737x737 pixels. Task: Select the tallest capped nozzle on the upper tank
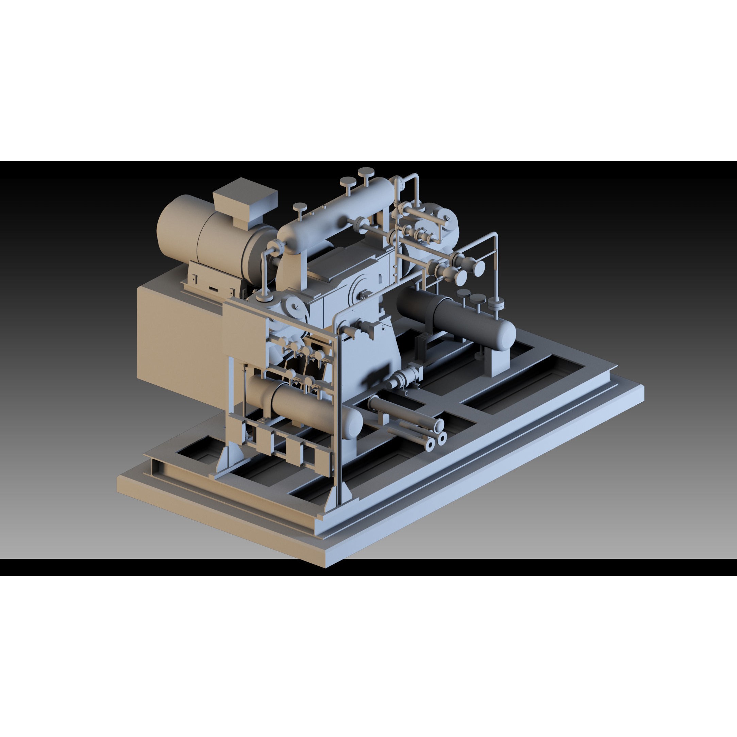[x=366, y=172]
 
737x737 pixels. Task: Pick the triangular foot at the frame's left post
[x=228, y=458]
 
